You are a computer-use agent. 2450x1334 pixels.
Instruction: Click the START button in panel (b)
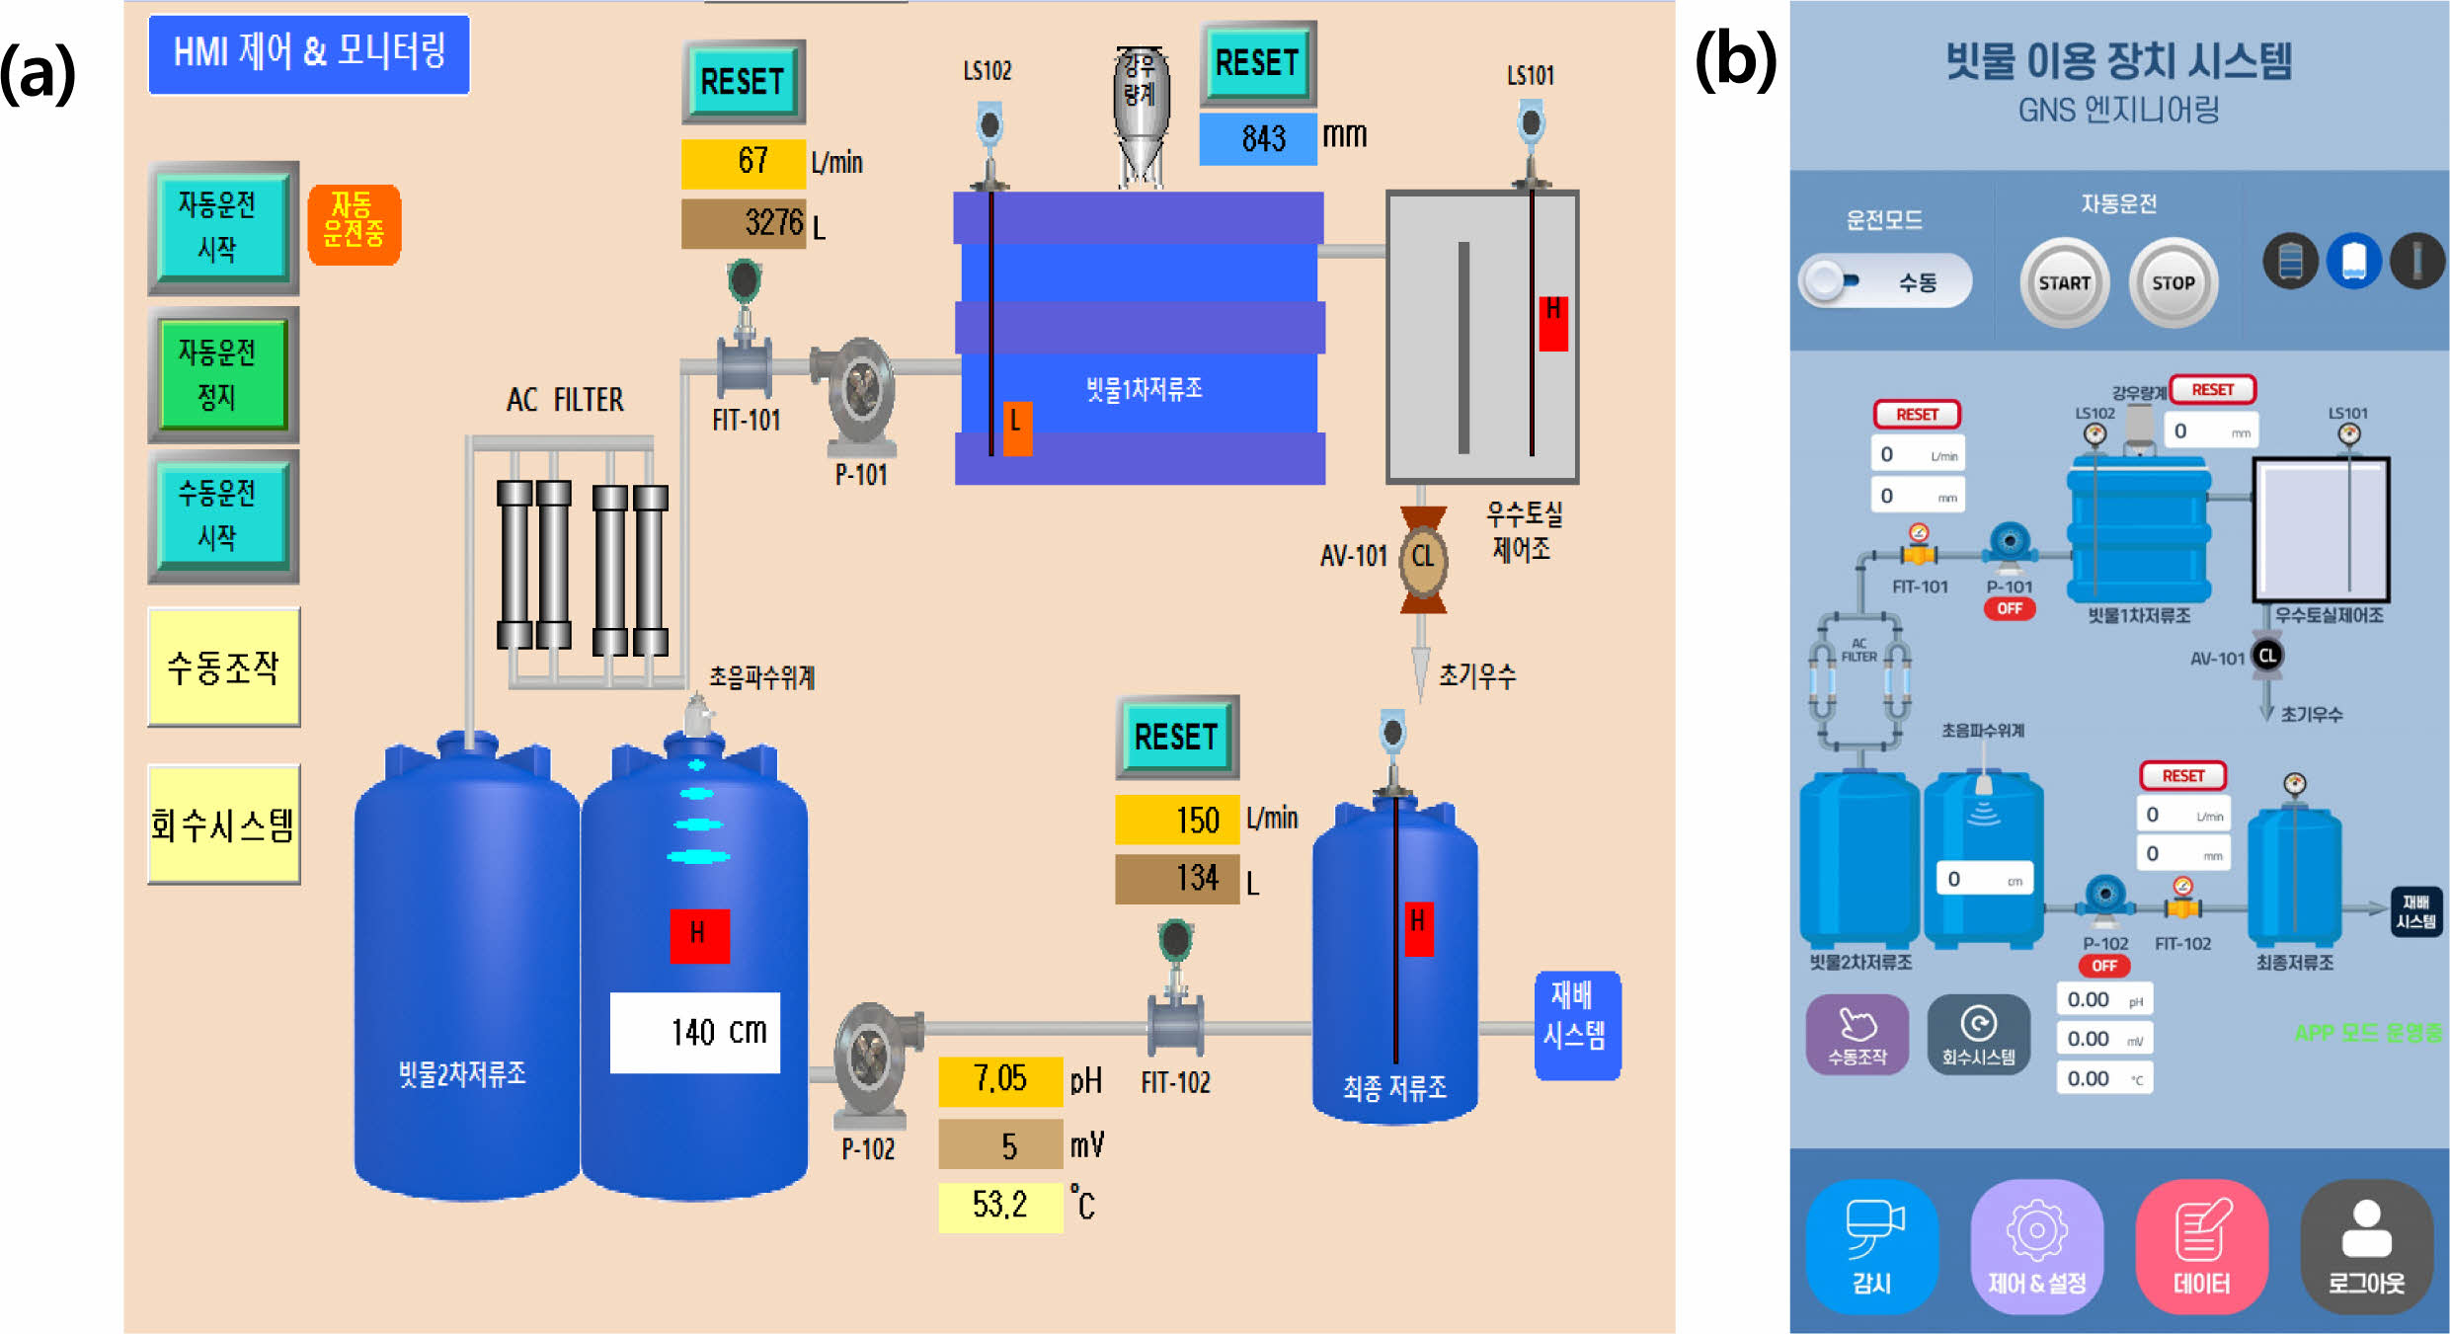(x=2064, y=283)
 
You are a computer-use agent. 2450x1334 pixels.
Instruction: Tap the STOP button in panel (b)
(x=2173, y=283)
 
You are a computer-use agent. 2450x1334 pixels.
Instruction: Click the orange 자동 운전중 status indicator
(x=354, y=224)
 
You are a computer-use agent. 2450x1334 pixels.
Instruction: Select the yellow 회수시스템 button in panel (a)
(x=224, y=824)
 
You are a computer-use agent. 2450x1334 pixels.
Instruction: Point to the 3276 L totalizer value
(x=744, y=223)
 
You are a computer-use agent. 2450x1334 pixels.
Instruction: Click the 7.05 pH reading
(x=1000, y=1079)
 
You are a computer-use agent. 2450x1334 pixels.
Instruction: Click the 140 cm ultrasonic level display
(x=695, y=1032)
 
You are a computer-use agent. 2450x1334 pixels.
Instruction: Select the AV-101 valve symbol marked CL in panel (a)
(x=1423, y=559)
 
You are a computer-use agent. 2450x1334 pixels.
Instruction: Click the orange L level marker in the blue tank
(x=1016, y=428)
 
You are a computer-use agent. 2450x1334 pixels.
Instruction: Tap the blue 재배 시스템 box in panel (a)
(x=1577, y=1025)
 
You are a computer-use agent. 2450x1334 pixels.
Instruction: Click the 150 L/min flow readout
(x=1177, y=820)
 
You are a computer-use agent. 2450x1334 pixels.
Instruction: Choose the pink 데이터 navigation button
(x=2201, y=1246)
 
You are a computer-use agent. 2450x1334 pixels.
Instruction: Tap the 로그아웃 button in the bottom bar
(x=2366, y=1246)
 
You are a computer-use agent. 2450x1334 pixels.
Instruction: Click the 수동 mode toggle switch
(x=1885, y=282)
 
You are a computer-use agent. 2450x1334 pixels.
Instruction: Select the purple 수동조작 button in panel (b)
(x=1857, y=1034)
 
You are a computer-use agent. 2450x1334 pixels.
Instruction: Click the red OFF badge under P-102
(x=2104, y=966)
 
